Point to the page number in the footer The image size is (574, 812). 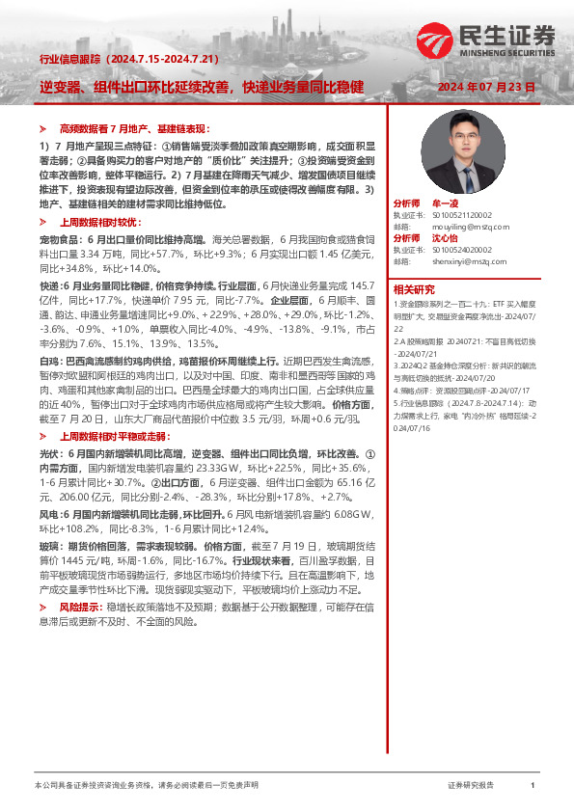533,786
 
